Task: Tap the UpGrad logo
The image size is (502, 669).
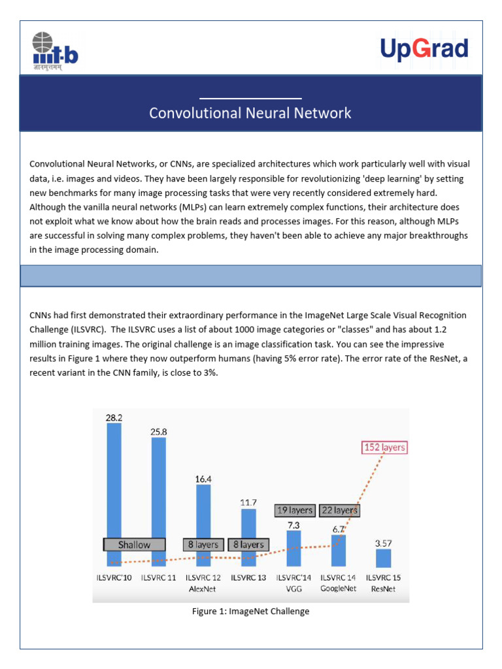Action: [x=424, y=50]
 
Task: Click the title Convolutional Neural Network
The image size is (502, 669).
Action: [x=250, y=113]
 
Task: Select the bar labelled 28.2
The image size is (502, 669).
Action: [x=114, y=483]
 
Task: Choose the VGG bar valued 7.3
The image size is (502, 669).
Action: [x=293, y=547]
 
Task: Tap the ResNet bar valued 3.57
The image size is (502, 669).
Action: [x=384, y=557]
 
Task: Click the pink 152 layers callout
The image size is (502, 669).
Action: [x=384, y=448]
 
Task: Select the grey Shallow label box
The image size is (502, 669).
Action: [x=134, y=544]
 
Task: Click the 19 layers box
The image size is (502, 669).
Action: [x=294, y=510]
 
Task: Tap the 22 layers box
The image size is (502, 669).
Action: [x=339, y=510]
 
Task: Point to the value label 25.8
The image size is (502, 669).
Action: [x=159, y=431]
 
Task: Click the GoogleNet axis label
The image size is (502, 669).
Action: [x=339, y=588]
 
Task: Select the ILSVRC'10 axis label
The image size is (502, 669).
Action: [x=114, y=578]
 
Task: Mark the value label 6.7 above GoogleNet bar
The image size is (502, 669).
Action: [x=338, y=529]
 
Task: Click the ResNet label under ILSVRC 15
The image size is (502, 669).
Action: [x=384, y=588]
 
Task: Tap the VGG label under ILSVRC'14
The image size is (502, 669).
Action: [x=293, y=588]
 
